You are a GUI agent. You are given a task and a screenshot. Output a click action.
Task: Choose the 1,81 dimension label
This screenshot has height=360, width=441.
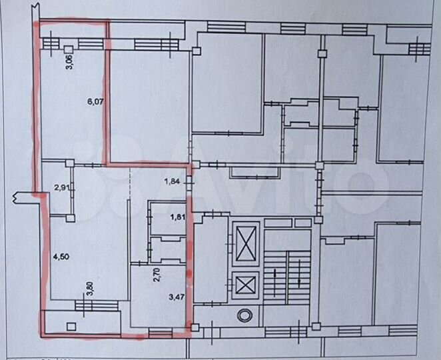[x=177, y=217]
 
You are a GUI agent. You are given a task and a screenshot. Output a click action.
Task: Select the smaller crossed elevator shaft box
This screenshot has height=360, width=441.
[x=246, y=285]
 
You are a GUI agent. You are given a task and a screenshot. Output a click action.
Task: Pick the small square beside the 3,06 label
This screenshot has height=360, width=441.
[x=69, y=50]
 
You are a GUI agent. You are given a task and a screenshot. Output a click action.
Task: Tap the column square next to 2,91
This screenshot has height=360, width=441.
[x=69, y=163]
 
